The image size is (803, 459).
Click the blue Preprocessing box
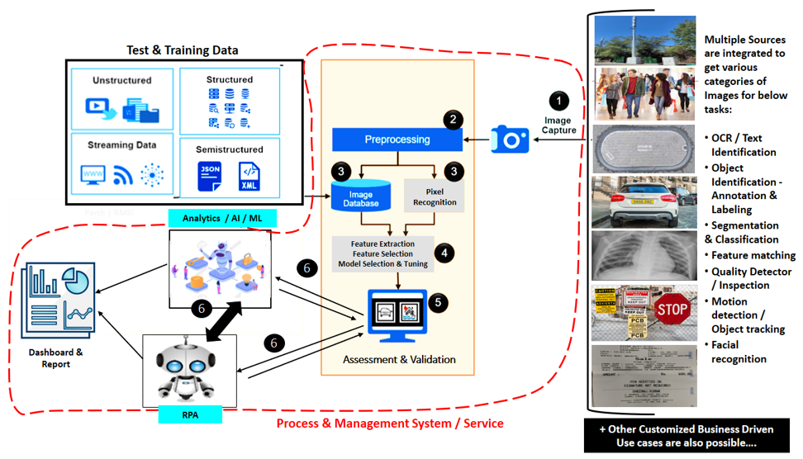tap(397, 140)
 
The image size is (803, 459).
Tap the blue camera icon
tap(510, 139)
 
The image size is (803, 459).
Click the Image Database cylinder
tap(360, 196)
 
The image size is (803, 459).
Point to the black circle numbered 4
tap(444, 253)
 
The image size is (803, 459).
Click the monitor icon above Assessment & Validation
tap(397, 315)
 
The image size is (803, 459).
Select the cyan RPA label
tap(190, 414)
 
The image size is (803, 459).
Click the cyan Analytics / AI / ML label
tap(222, 218)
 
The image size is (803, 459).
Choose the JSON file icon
tap(211, 176)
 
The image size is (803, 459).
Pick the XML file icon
tap(249, 176)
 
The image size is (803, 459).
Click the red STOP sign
tap(672, 310)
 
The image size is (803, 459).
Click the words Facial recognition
tap(739, 352)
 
